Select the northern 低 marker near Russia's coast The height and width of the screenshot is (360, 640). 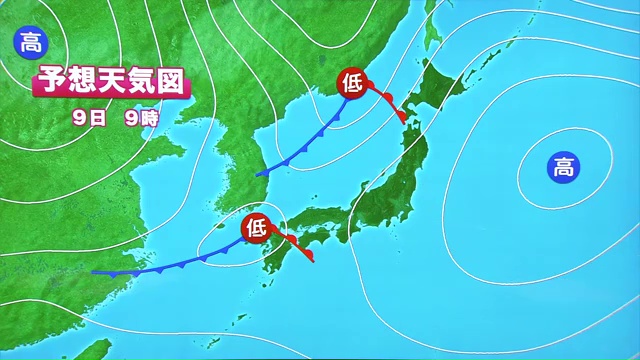(x=354, y=82)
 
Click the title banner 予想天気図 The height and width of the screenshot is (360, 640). (x=111, y=82)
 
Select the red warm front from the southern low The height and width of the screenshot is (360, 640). (x=294, y=245)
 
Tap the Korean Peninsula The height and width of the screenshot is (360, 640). (x=240, y=160)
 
